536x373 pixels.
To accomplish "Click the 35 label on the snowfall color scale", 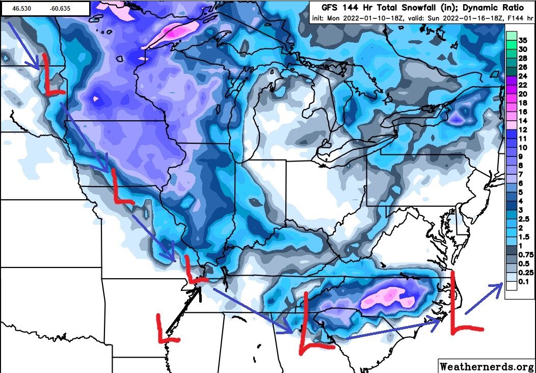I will [x=522, y=40].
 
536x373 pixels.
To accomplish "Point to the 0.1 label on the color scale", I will [x=522, y=281].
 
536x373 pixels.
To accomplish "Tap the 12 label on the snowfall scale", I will [x=522, y=129].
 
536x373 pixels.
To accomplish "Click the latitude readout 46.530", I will [x=22, y=9].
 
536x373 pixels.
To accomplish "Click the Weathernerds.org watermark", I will [x=486, y=366].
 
